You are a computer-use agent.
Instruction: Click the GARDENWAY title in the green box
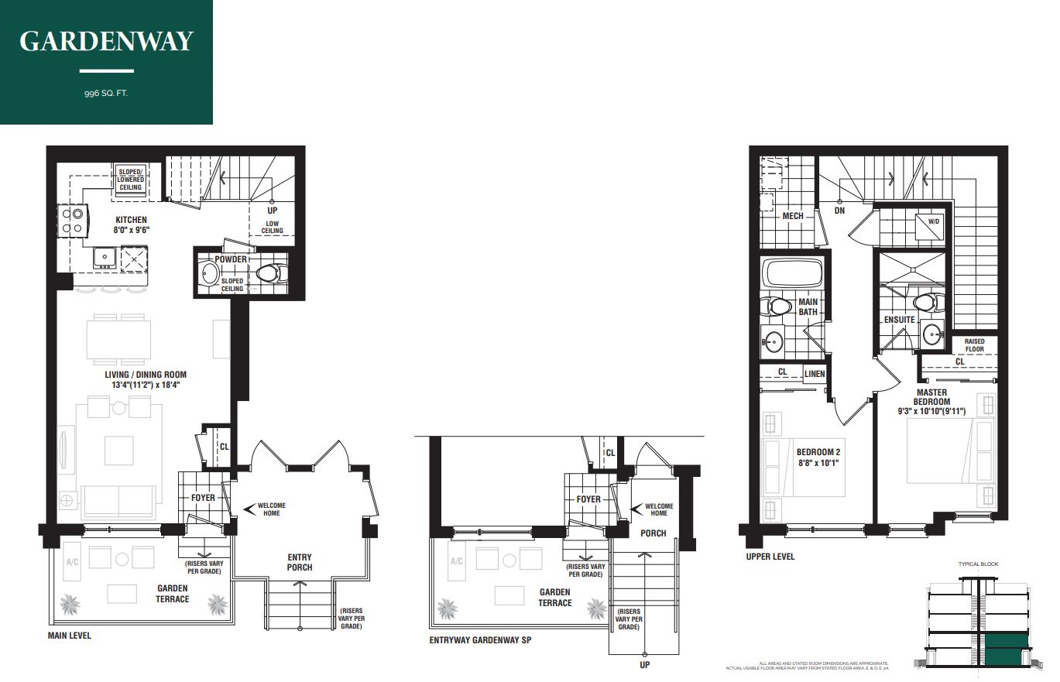(106, 41)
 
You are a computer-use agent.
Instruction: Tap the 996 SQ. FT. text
(106, 94)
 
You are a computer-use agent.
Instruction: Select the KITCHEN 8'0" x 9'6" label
(131, 224)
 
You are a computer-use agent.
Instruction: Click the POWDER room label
(231, 259)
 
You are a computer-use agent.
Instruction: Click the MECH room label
(792, 216)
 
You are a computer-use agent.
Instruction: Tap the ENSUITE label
(899, 319)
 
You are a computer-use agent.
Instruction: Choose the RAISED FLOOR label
(974, 345)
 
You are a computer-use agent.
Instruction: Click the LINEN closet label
(815, 374)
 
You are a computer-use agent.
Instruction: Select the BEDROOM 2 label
(818, 458)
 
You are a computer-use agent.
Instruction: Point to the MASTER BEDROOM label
(931, 396)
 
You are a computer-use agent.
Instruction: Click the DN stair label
(839, 210)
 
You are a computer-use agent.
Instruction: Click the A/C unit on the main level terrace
(74, 562)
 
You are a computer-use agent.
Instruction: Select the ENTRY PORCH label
(300, 562)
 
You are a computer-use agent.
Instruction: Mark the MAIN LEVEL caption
(69, 636)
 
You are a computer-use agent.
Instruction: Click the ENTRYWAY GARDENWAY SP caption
(480, 640)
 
